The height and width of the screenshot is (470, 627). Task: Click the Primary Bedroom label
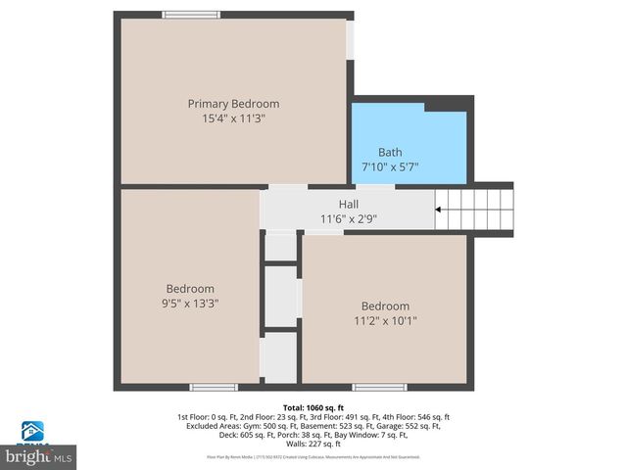pyautogui.click(x=233, y=104)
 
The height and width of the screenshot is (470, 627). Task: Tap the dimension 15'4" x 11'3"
pyautogui.click(x=233, y=118)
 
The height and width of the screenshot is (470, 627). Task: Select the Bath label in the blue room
pyautogui.click(x=390, y=152)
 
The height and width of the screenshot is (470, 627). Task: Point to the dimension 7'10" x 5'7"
pyautogui.click(x=390, y=166)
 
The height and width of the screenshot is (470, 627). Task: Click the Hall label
pyautogui.click(x=349, y=204)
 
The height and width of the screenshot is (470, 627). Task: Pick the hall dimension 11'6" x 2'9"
pyautogui.click(x=349, y=218)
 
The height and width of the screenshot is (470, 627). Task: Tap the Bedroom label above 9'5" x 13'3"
pyautogui.click(x=190, y=289)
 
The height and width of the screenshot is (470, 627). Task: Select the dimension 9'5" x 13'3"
pyautogui.click(x=190, y=304)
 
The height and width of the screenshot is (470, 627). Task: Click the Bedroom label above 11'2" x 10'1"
pyautogui.click(x=385, y=306)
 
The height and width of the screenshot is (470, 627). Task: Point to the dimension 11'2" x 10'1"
pyautogui.click(x=385, y=321)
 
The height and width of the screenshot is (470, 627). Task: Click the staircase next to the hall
pyautogui.click(x=474, y=209)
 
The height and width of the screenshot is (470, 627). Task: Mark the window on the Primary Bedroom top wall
pyautogui.click(x=191, y=15)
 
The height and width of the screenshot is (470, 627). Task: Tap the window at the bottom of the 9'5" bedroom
pyautogui.click(x=213, y=388)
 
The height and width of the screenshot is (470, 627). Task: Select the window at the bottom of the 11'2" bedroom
pyautogui.click(x=379, y=388)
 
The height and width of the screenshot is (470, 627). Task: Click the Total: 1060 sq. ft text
pyautogui.click(x=313, y=407)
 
